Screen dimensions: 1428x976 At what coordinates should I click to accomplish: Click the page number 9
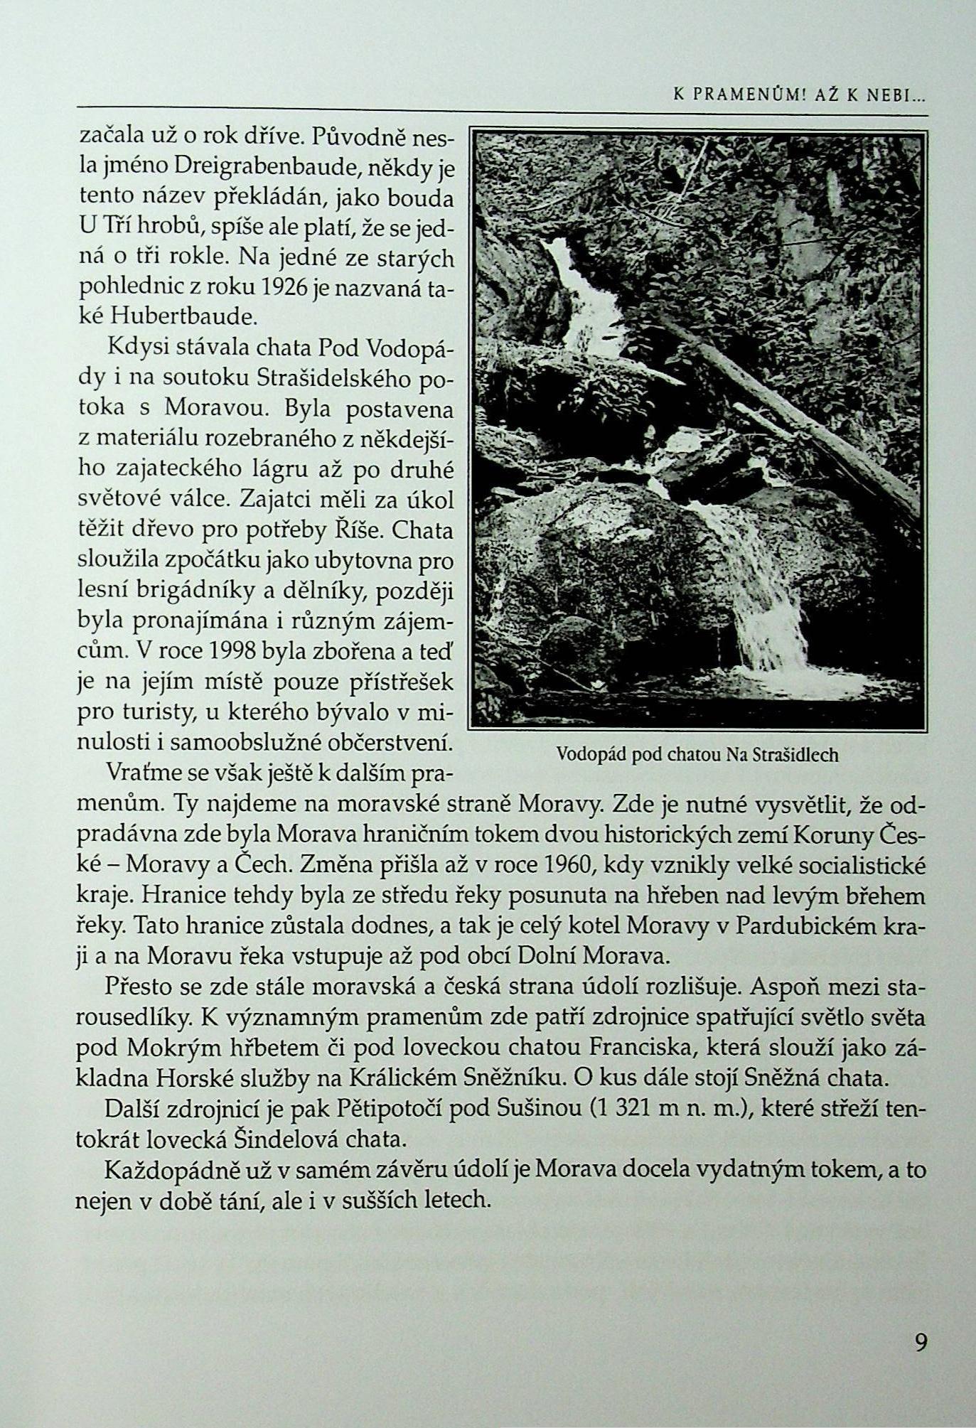click(921, 1343)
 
